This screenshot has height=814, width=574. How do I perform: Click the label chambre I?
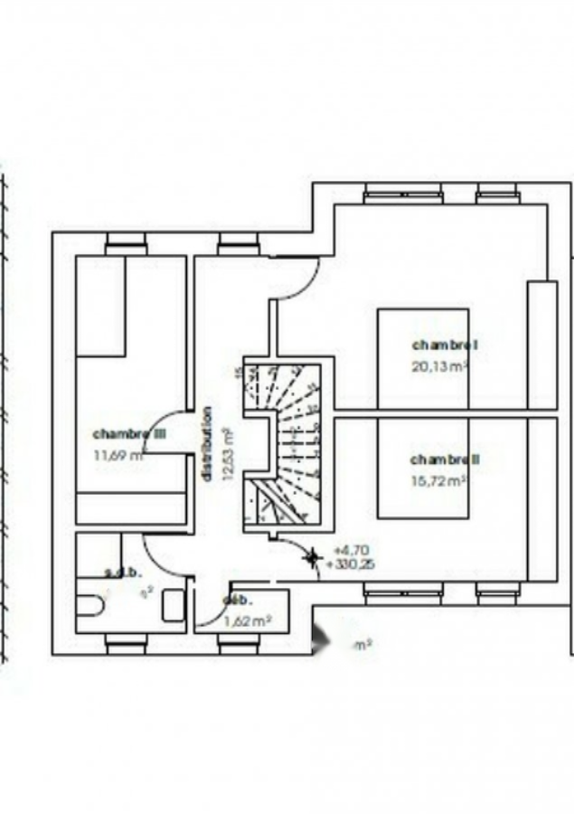tap(444, 345)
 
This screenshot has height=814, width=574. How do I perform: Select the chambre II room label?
tap(445, 459)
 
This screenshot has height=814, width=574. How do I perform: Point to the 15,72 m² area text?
tap(438, 481)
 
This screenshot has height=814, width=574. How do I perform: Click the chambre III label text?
tap(129, 434)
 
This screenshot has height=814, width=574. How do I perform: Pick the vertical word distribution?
tap(207, 443)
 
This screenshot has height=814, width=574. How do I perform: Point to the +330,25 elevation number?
tap(353, 563)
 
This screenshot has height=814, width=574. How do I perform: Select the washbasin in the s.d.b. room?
tap(174, 605)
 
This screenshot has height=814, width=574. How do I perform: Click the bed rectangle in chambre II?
tap(423, 470)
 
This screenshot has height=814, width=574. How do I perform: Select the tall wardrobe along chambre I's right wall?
tap(542, 345)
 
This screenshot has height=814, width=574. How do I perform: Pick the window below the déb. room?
tap(239, 644)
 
